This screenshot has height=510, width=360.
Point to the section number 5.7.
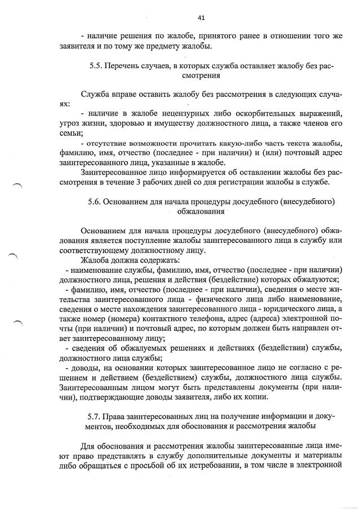[x=94, y=416]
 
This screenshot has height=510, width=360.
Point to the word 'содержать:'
[x=157, y=260]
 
